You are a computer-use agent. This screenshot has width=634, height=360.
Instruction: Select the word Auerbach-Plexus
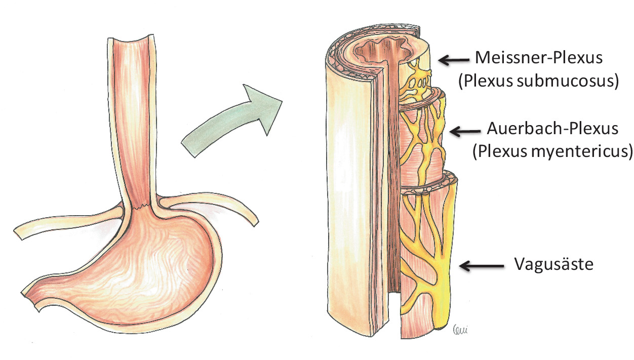[552, 129]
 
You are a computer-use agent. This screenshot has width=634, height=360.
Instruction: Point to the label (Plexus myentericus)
[552, 151]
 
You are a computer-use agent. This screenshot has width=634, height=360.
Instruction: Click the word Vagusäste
[553, 264]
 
